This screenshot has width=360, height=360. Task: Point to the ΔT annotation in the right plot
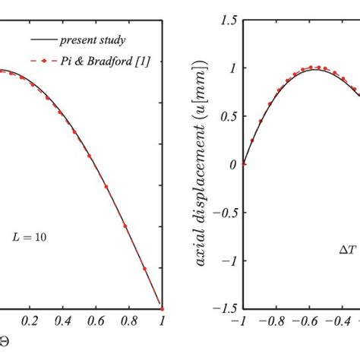tap(346, 248)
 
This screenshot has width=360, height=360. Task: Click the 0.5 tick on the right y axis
tap(226, 115)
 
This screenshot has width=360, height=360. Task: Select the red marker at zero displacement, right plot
tap(244, 163)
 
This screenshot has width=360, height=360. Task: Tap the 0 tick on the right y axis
tap(232, 164)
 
